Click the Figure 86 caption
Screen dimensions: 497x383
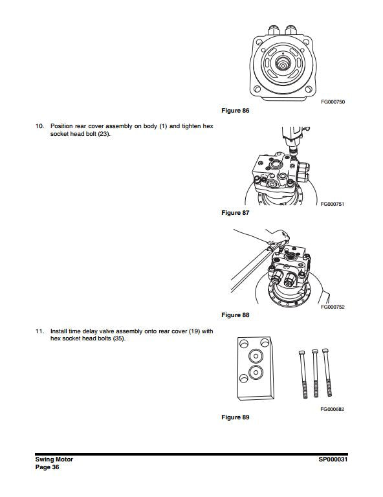(x=235, y=111)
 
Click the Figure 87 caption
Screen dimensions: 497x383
(x=235, y=213)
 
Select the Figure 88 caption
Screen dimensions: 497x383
(x=235, y=315)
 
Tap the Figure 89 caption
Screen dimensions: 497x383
(x=235, y=417)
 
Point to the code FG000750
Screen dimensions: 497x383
(x=332, y=102)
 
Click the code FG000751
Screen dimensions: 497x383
(x=332, y=204)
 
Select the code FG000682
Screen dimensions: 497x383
(x=332, y=408)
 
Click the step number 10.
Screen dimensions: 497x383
(x=39, y=126)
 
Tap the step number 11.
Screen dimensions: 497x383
(x=39, y=331)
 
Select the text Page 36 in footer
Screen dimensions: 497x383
(x=47, y=467)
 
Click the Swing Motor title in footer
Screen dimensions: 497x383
(x=54, y=459)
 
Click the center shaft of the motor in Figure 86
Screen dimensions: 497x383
(x=284, y=64)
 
